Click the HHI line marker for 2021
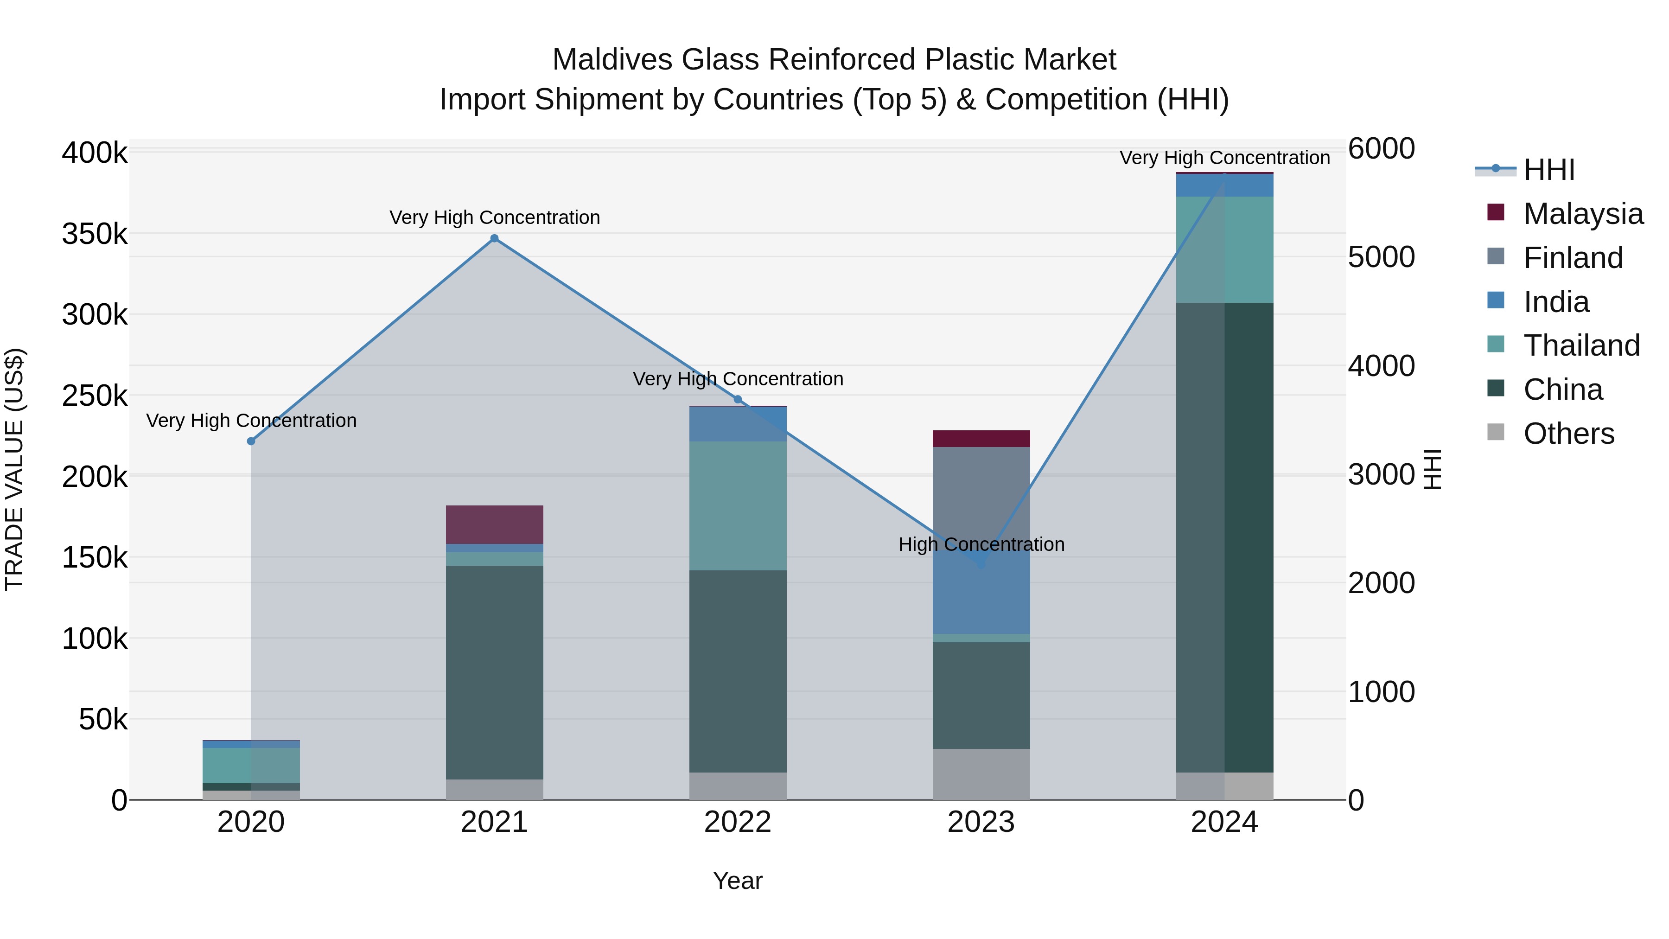tap(494, 238)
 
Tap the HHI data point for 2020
tap(251, 441)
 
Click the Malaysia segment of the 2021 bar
tap(494, 524)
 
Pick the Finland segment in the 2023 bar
tap(981, 492)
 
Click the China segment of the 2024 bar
tap(1224, 538)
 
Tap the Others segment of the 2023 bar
tap(981, 774)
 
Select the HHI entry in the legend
tap(1548, 170)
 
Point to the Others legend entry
tap(1568, 434)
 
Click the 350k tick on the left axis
tap(95, 234)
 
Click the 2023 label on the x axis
tap(981, 822)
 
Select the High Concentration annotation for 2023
tap(981, 544)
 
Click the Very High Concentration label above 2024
tap(1224, 158)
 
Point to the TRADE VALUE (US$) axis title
tap(14, 469)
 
